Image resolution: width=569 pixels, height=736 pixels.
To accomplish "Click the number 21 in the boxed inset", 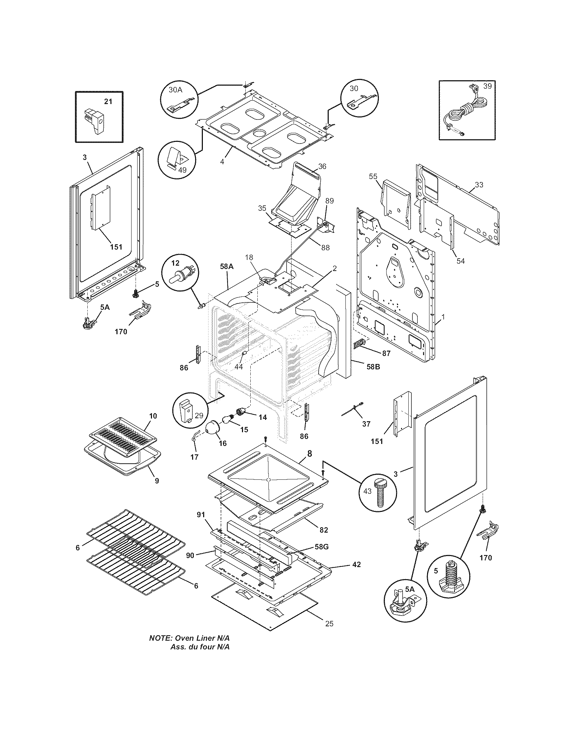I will [108, 101].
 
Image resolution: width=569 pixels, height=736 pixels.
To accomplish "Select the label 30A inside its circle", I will [175, 89].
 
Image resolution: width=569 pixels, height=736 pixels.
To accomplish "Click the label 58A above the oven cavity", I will [227, 266].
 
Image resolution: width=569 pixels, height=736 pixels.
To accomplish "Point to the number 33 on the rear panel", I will [479, 185].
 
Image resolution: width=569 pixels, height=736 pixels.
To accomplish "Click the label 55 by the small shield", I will [373, 177].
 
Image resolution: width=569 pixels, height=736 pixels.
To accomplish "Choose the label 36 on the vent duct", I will [322, 167].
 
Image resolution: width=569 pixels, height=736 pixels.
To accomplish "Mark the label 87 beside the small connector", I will [386, 353].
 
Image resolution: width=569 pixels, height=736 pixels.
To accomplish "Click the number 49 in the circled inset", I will [182, 170].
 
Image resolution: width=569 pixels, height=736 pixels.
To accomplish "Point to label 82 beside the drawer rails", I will [324, 530].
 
